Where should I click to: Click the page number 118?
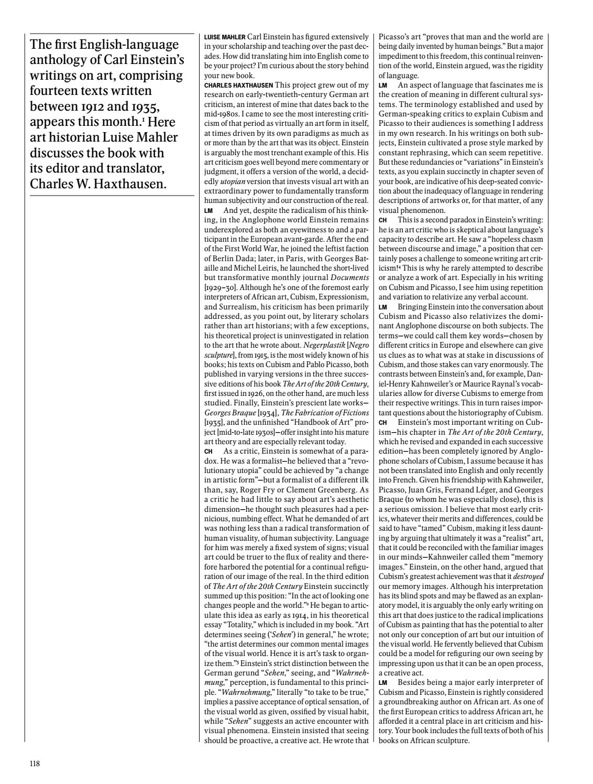35,764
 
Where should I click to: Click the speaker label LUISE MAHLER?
224,37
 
